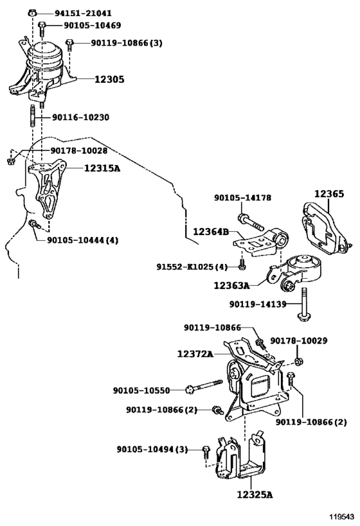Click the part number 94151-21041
point(83,13)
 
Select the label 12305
point(109,80)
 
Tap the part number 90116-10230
point(80,118)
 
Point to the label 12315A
point(102,168)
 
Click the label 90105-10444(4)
point(83,240)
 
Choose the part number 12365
point(329,193)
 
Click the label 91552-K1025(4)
point(192,267)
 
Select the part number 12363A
point(231,285)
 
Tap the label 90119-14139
point(258,304)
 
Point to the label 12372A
point(195,354)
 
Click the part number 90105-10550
point(141,390)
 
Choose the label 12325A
point(255,495)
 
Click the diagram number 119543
point(341,516)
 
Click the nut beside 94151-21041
point(32,13)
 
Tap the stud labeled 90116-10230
point(33,116)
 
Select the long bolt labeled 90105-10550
point(204,387)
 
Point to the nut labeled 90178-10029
point(298,362)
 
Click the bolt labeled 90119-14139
point(303,304)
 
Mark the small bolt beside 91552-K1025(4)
point(242,264)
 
